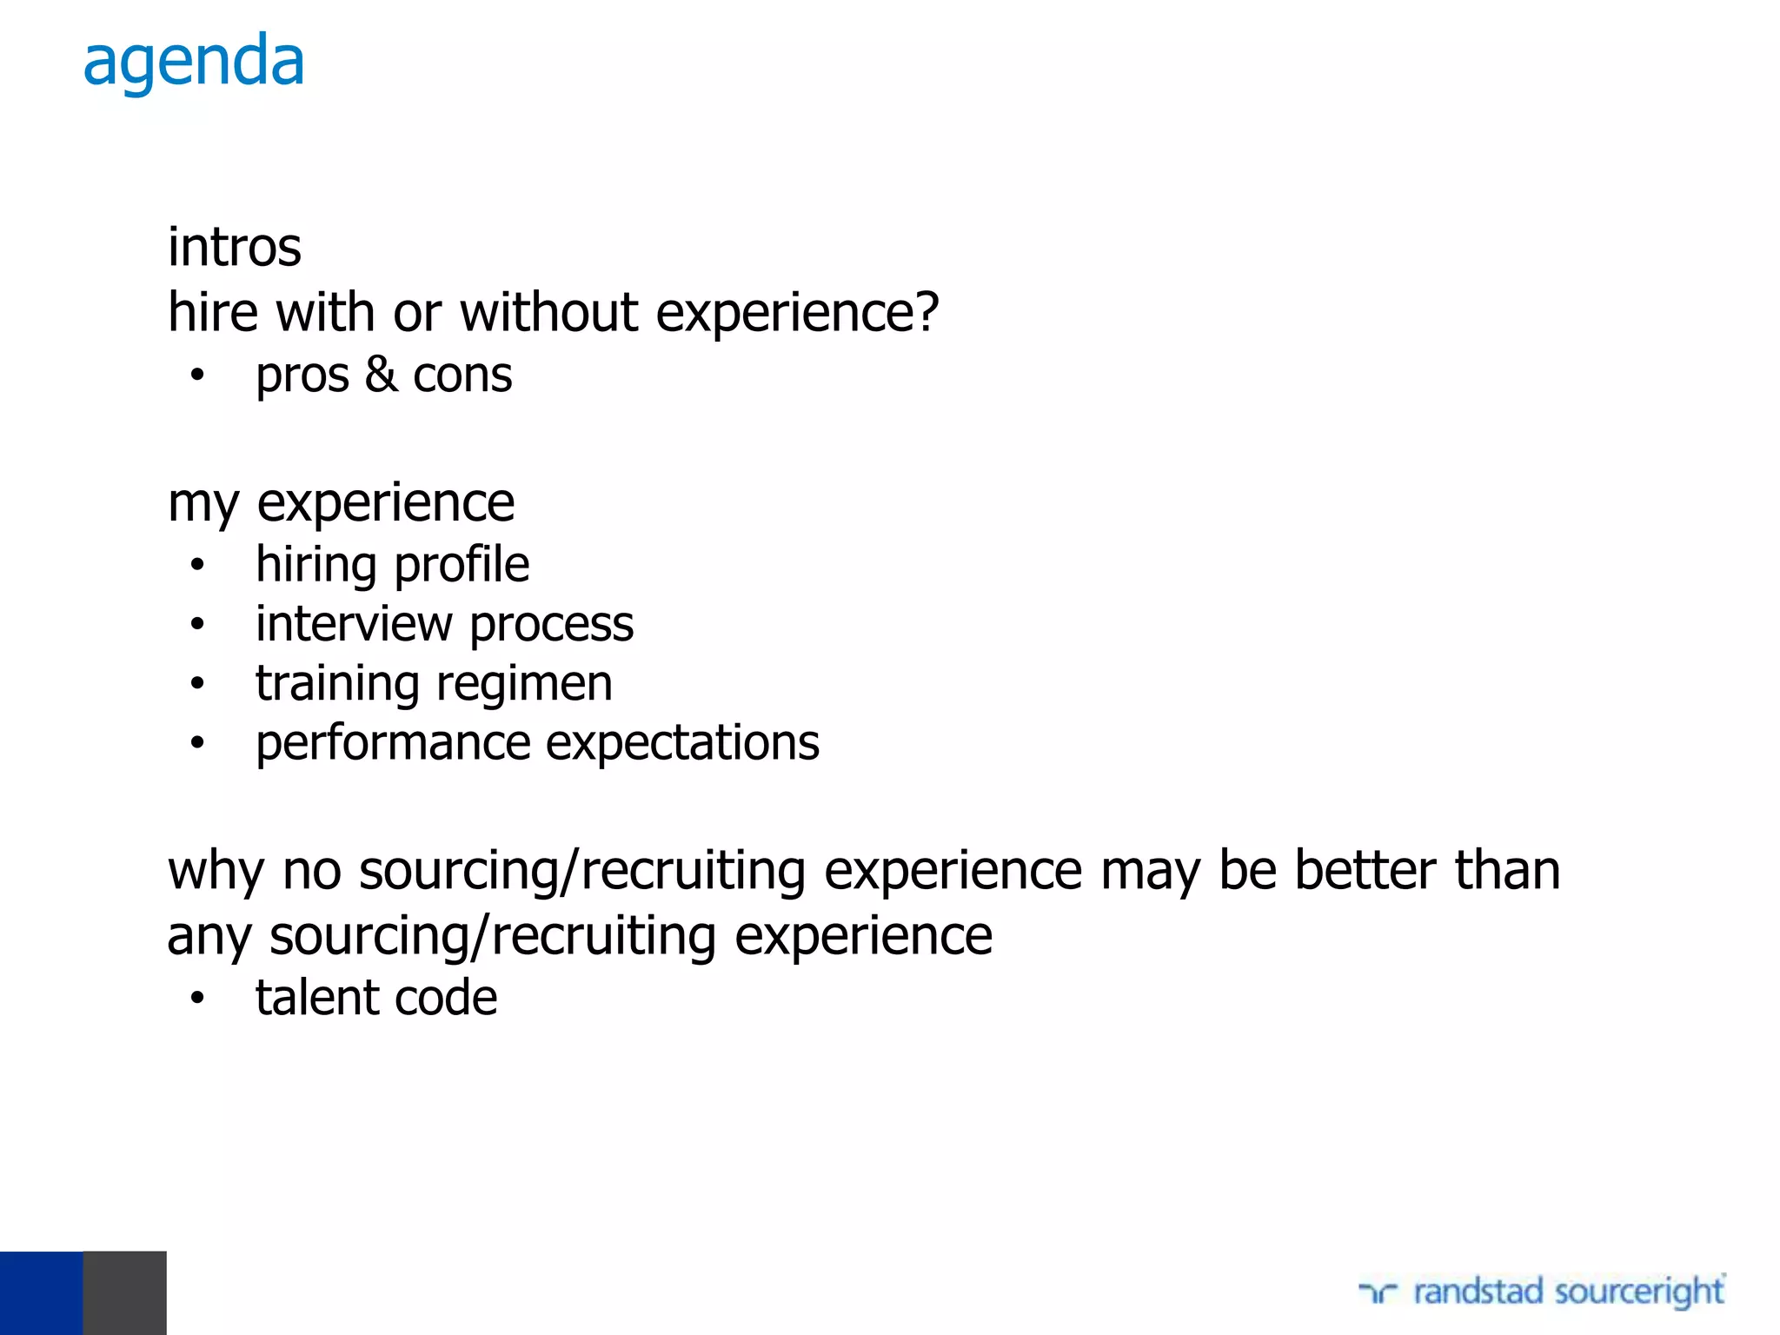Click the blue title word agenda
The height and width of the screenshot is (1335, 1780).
click(194, 63)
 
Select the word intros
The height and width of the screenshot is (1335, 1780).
click(235, 248)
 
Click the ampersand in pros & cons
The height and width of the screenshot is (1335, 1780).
click(381, 375)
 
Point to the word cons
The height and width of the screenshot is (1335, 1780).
click(462, 376)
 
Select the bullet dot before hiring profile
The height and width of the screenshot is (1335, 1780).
click(197, 566)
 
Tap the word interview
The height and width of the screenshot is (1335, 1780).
click(354, 624)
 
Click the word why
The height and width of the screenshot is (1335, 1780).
click(216, 872)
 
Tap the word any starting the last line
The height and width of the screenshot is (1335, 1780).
click(209, 938)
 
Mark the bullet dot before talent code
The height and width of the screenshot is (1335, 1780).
click(197, 999)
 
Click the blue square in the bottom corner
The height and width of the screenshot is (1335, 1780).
click(41, 1292)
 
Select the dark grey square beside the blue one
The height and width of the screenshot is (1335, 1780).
click(124, 1292)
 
